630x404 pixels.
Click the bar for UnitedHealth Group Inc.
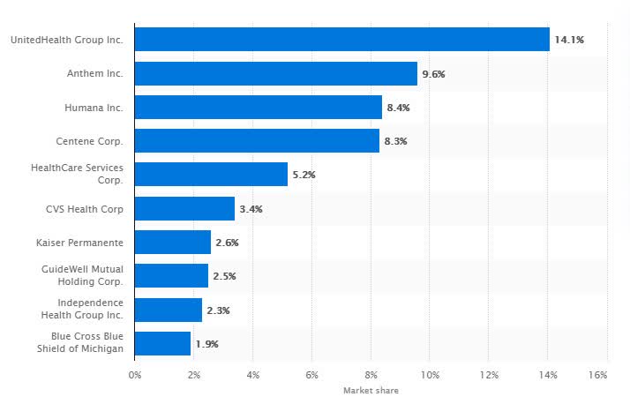click(341, 40)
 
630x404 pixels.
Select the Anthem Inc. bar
click(275, 73)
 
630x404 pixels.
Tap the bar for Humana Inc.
click(258, 108)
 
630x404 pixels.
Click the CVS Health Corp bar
click(184, 209)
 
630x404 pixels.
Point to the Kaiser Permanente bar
click(172, 243)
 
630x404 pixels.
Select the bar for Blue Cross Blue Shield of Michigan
click(162, 343)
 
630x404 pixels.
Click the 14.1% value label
click(569, 40)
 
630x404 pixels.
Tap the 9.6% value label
click(433, 74)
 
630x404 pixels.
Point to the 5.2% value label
click(304, 175)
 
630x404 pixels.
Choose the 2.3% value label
click(218, 310)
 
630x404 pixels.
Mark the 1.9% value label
click(206, 343)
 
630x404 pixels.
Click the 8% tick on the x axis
click(371, 376)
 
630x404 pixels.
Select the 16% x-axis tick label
click(597, 376)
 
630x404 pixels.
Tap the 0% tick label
click(135, 376)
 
